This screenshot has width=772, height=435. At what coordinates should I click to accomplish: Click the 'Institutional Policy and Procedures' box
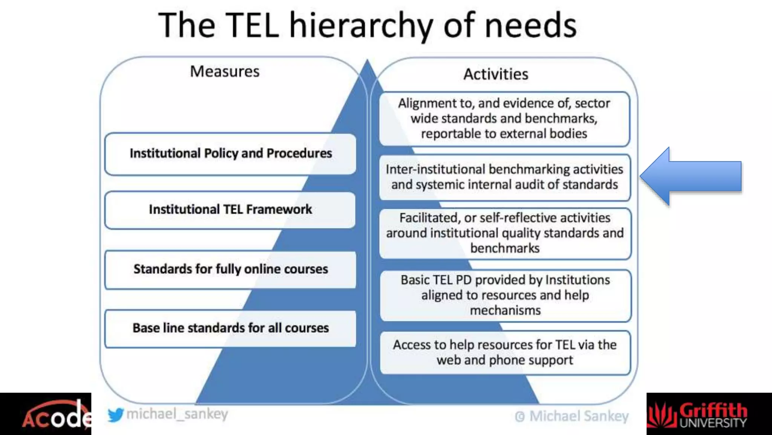tap(230, 154)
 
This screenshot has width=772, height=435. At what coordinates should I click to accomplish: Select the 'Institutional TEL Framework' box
tap(230, 210)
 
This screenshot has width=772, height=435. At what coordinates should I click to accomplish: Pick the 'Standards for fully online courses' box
tap(230, 269)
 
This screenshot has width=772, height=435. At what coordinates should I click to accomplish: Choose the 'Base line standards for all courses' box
tap(230, 328)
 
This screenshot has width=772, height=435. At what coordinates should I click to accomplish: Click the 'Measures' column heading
tap(225, 71)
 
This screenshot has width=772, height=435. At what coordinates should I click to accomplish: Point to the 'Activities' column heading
tap(496, 74)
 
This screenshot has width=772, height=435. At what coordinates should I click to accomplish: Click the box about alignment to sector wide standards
tap(504, 119)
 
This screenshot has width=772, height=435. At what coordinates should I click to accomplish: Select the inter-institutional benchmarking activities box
tap(504, 177)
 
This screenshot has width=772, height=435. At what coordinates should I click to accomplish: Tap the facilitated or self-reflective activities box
tap(505, 233)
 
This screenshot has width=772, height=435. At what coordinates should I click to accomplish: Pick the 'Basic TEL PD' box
tap(505, 295)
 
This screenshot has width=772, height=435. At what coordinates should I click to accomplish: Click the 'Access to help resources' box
tap(505, 353)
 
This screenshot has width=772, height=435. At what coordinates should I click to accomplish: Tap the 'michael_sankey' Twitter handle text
tap(177, 414)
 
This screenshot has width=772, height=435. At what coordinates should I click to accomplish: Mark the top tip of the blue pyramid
tap(368, 60)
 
